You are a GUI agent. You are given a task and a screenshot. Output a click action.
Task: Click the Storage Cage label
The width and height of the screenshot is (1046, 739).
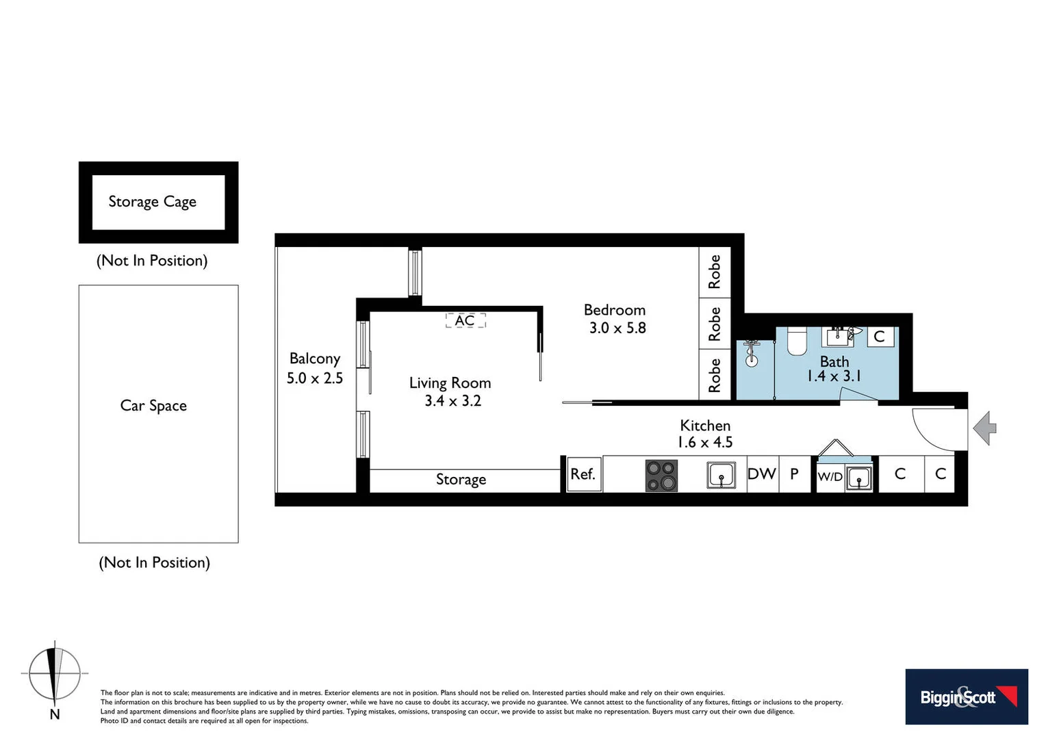coord(152,202)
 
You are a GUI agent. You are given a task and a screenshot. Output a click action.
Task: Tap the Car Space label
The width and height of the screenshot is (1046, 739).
coord(153,406)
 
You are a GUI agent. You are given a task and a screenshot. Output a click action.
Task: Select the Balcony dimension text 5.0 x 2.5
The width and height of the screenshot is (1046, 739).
coord(314,378)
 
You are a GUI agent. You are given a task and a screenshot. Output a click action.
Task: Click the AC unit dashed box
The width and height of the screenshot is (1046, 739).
coord(465,320)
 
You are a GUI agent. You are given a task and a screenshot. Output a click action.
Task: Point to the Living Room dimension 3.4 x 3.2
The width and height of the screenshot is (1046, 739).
coord(452,401)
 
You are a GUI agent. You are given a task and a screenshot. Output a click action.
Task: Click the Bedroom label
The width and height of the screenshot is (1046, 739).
coord(614,310)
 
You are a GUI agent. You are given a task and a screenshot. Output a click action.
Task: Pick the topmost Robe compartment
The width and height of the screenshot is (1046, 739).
coord(715,272)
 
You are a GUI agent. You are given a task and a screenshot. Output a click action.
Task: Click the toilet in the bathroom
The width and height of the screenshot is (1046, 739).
coord(797,341)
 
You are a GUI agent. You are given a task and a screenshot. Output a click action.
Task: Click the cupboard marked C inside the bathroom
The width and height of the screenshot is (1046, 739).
coord(880,337)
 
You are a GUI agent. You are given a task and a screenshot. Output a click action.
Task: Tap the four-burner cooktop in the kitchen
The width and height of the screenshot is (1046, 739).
coord(661,476)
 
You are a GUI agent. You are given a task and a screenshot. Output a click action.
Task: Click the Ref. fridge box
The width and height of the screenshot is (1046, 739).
coord(583,474)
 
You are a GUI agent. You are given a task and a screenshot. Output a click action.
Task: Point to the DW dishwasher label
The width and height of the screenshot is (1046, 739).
coord(761,474)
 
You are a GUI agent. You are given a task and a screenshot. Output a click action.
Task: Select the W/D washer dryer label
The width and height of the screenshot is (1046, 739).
coord(830,477)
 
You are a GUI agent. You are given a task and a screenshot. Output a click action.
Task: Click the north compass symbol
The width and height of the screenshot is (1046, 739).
coord(55,675)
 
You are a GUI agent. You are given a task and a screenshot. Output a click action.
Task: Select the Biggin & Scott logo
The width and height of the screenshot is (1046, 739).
coord(966,697)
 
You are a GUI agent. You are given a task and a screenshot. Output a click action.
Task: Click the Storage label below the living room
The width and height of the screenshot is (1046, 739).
coord(461,480)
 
